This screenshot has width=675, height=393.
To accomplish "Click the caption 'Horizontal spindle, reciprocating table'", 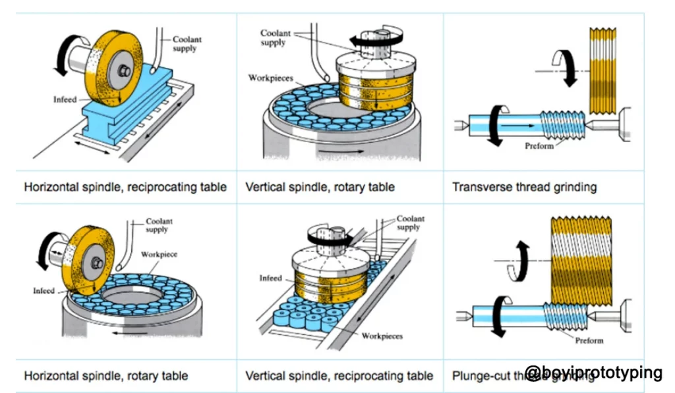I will coord(125,187).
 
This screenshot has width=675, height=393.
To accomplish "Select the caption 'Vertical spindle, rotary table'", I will coord(320,187).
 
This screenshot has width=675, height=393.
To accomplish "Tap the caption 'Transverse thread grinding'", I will coord(524,187).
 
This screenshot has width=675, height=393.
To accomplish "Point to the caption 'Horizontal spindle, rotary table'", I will coord(106,376).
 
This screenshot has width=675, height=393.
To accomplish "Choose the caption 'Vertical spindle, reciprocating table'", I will coord(339,376).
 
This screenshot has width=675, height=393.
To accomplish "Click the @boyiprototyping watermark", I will coord(593,373).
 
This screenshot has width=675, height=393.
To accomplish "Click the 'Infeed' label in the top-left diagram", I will coord(66,100).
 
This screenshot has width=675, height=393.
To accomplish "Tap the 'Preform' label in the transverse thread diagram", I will coord(539,145).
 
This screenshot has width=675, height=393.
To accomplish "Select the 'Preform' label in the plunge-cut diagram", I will coord(589,340).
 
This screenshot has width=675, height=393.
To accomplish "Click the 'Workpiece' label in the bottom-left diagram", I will coord(158,254).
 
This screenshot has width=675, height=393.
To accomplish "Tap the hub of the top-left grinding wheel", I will coord(123,70).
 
